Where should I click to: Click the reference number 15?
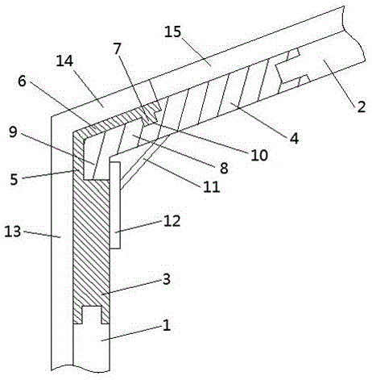pyautogui.click(x=173, y=32)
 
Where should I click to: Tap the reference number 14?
pyautogui.click(x=64, y=61)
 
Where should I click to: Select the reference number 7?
pyautogui.click(x=117, y=48)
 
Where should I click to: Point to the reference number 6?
pyautogui.click(x=22, y=81)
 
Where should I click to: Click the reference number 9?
pyautogui.click(x=13, y=132)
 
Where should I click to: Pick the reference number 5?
pyautogui.click(x=14, y=179)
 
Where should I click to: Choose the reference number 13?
pyautogui.click(x=13, y=231)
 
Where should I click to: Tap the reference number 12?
pyautogui.click(x=172, y=221)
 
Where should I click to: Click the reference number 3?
pyautogui.click(x=167, y=279)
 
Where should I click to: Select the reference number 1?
pyautogui.click(x=167, y=325)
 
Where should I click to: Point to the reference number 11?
pyautogui.click(x=212, y=186)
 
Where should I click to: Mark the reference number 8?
pyautogui.click(x=224, y=168)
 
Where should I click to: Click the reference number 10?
pyautogui.click(x=259, y=155)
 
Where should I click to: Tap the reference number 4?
pyautogui.click(x=294, y=139)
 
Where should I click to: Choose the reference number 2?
pyautogui.click(x=361, y=106)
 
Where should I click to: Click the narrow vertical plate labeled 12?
pyautogui.click(x=115, y=205)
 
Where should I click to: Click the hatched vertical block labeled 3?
pyautogui.click(x=91, y=242)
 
